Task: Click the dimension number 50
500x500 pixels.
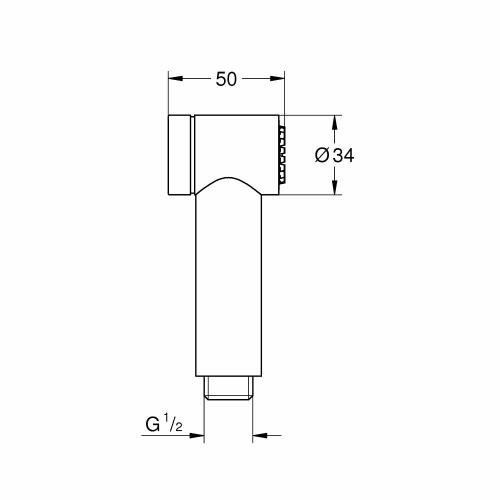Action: (x=226, y=79)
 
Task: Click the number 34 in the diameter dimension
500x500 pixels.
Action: (x=343, y=156)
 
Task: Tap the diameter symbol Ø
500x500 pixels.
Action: (x=322, y=156)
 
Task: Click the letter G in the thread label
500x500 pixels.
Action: (x=152, y=425)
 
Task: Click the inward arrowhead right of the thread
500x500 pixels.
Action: (x=260, y=436)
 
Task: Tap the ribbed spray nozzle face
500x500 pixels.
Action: (x=282, y=154)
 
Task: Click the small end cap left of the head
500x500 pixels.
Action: (x=179, y=154)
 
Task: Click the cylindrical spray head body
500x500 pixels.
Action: (x=235, y=145)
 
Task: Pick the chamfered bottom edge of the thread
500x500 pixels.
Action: (x=228, y=398)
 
